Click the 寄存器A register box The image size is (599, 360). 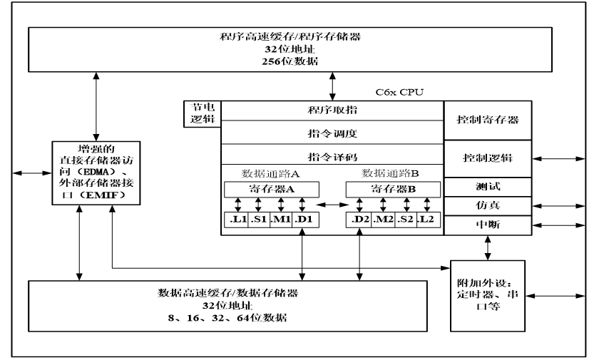(x=272, y=190)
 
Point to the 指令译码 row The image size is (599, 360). (x=332, y=155)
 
